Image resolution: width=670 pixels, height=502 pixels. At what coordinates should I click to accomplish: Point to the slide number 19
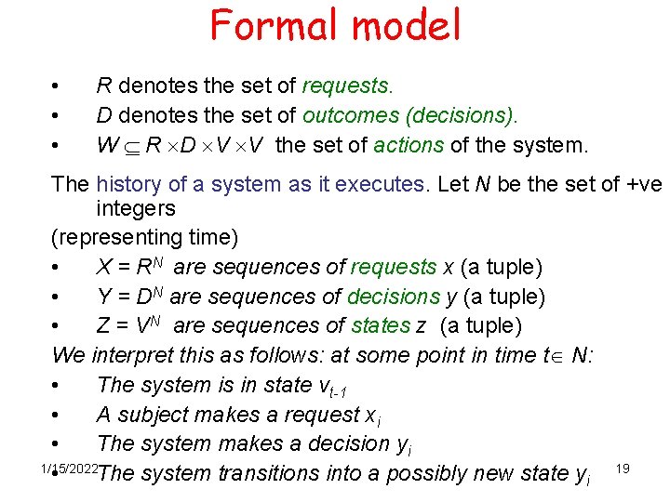(x=623, y=468)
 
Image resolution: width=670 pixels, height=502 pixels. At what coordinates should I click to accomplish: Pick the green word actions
(x=409, y=146)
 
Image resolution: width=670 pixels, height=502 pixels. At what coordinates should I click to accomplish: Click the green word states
(x=381, y=325)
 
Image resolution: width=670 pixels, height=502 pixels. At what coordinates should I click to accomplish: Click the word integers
(x=136, y=208)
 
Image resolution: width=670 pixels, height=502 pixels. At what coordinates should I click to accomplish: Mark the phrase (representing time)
(x=145, y=237)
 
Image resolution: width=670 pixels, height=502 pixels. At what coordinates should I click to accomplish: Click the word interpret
(x=136, y=355)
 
